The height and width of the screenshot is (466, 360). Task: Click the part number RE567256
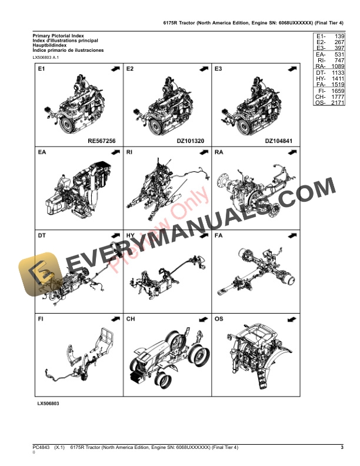pyautogui.click(x=101, y=141)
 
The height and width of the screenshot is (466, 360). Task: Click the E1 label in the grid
pyautogui.click(x=41, y=69)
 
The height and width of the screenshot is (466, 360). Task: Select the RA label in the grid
pyautogui.click(x=219, y=152)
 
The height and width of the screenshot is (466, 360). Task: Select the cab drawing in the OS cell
pyautogui.click(x=256, y=356)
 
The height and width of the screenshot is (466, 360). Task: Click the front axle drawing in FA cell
pyautogui.click(x=256, y=274)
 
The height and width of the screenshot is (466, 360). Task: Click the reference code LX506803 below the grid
pyautogui.click(x=48, y=404)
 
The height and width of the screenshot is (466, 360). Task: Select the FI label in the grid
pyautogui.click(x=41, y=319)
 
